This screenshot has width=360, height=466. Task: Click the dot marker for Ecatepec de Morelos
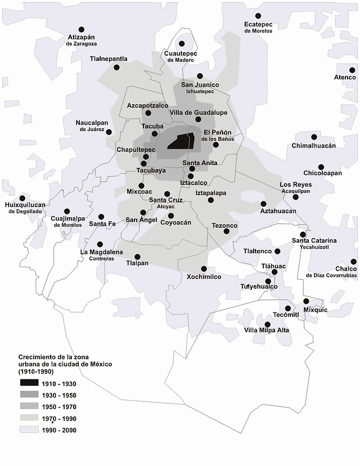pos(258,16)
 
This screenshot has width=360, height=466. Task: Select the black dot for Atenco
pos(352,70)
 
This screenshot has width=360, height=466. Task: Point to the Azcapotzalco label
pos(147,105)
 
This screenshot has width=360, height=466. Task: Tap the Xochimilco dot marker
pos(204,268)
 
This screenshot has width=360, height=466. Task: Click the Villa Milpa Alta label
pos(267,330)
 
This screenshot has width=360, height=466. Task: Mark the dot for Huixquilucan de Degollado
pos(22,198)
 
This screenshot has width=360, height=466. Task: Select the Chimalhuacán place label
pos(313,146)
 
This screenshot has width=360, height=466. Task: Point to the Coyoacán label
pos(176,222)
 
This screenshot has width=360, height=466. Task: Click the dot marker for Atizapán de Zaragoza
pos(81,29)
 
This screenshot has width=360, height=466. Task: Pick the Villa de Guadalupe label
pos(199,113)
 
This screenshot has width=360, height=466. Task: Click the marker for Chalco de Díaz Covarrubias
pos(353,262)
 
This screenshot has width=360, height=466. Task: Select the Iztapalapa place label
pos(210,193)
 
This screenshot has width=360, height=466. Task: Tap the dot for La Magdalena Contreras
pos(100,244)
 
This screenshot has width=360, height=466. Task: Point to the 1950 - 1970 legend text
pos(58,407)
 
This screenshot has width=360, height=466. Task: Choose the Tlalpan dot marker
pos(138,256)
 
